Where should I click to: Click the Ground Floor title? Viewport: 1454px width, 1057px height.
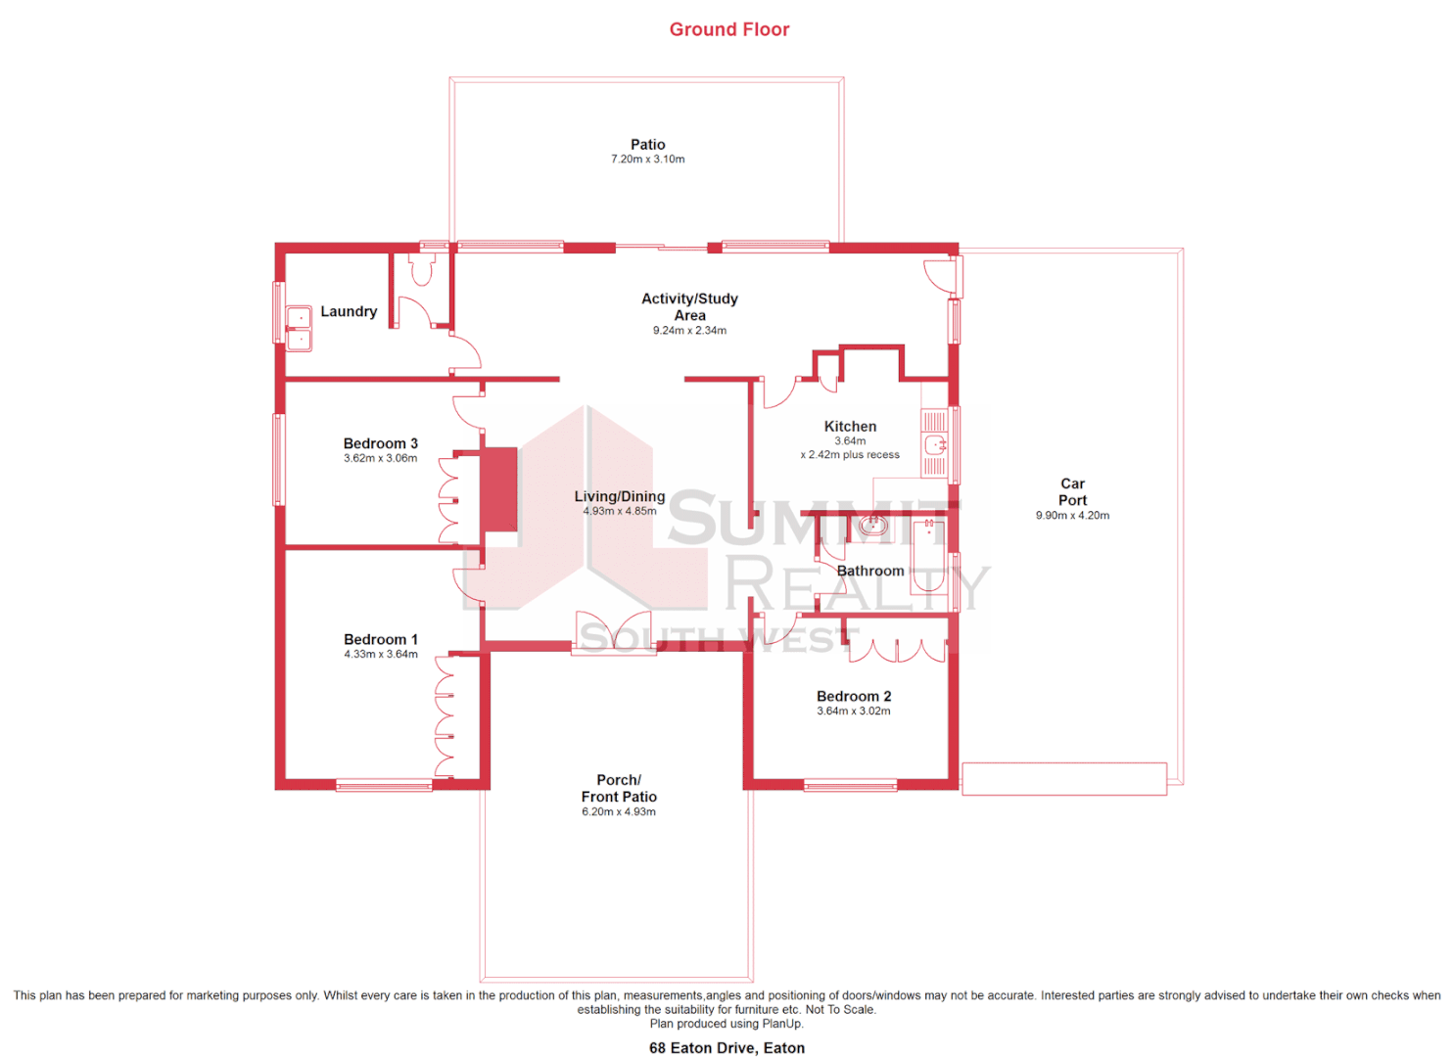[728, 29]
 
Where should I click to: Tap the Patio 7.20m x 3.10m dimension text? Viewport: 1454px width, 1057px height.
[647, 160]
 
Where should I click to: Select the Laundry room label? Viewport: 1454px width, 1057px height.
[349, 311]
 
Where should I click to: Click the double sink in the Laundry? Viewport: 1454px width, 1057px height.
[299, 329]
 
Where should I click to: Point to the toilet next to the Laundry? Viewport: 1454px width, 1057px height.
[422, 270]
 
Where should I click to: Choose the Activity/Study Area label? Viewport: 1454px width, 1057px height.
[689, 306]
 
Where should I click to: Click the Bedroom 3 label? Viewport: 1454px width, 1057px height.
[380, 443]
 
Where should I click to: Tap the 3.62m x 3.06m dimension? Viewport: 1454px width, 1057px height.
[380, 458]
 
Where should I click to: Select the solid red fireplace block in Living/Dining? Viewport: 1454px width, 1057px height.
[498, 489]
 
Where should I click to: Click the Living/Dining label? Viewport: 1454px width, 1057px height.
[619, 496]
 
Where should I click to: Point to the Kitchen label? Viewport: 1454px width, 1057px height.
[850, 427]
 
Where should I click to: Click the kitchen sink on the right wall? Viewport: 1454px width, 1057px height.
[935, 445]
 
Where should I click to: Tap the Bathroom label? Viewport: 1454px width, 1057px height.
[869, 571]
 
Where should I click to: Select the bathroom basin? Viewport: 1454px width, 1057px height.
[872, 527]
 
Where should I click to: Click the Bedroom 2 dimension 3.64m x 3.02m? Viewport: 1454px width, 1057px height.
[854, 712]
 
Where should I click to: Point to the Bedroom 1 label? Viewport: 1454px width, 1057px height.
[380, 639]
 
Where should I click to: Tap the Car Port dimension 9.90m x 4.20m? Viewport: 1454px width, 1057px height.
[1072, 516]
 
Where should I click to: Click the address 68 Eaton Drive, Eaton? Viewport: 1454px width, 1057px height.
[727, 1048]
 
